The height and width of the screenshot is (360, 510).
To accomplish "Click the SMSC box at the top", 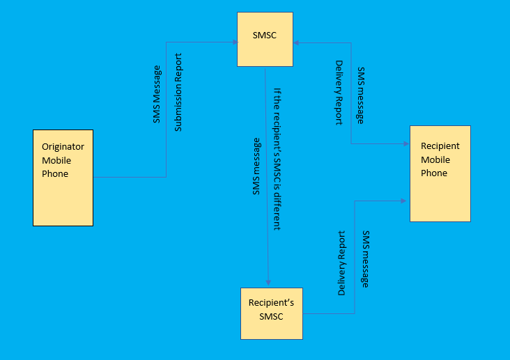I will [x=265, y=39].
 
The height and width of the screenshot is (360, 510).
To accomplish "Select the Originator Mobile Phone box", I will [x=63, y=178].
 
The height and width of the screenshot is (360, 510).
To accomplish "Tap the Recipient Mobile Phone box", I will [x=440, y=173].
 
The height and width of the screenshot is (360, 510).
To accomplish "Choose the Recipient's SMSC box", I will [x=272, y=313].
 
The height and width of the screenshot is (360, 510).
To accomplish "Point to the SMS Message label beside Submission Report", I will [x=157, y=95].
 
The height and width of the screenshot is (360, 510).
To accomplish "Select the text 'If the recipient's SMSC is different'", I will [x=277, y=159].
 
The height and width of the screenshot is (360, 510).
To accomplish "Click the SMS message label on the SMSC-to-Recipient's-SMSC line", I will [x=256, y=166].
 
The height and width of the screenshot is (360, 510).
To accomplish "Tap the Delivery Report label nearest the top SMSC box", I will [x=339, y=93].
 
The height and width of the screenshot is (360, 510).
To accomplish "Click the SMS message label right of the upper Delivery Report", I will [x=360, y=95].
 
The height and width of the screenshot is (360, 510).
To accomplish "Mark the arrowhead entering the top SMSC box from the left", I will [x=234, y=42].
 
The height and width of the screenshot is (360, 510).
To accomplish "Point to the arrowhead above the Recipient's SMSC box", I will [x=268, y=283].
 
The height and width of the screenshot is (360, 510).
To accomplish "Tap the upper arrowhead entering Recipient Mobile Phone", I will [x=406, y=144].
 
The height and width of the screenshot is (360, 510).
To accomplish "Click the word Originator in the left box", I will [x=63, y=147].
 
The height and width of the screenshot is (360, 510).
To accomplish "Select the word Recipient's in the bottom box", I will [x=271, y=303].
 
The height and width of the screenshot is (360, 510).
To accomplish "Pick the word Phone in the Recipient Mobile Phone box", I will [x=434, y=173].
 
